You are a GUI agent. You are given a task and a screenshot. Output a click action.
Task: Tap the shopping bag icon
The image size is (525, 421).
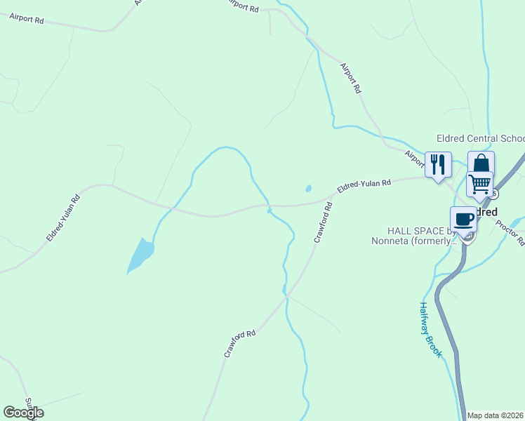click(481, 163)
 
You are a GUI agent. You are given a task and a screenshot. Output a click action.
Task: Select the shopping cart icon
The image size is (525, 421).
click(479, 184)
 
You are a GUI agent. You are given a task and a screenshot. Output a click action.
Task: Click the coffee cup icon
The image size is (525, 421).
click(464, 219)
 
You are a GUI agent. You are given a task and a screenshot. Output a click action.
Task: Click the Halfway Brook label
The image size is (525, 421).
click(430, 330)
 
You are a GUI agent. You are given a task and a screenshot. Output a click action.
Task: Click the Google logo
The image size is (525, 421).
click(23, 413)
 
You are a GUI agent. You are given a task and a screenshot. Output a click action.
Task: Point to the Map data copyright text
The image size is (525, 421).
click(495, 415)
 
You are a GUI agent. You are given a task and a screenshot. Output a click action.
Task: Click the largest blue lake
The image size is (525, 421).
click(140, 255)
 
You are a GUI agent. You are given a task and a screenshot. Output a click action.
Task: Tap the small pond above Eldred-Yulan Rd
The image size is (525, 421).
click(308, 188)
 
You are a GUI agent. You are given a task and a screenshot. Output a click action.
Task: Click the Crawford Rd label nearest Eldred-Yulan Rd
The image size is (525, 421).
click(323, 223)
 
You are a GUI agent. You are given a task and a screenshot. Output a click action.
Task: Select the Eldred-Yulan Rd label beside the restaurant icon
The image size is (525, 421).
click(364, 187)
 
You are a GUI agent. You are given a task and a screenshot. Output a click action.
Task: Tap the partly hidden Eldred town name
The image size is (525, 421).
click(486, 212)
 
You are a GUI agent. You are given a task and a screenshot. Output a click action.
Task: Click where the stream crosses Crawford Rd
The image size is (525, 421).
click(285, 298)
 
